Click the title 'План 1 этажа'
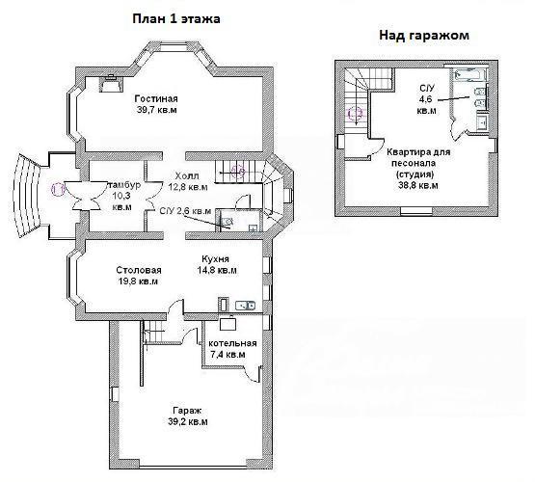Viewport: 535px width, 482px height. click(x=176, y=19)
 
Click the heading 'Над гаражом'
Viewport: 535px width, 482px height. click(x=424, y=35)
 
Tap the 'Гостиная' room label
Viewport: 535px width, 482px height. click(x=156, y=98)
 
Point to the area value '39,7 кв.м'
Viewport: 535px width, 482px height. click(x=156, y=110)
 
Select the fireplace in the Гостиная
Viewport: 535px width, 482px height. click(x=111, y=83)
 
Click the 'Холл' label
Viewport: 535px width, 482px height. click(x=186, y=176)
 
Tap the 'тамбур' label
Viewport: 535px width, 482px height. click(x=123, y=185)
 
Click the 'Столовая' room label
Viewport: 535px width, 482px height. click(x=139, y=270)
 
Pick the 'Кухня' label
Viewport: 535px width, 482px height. click(x=215, y=258)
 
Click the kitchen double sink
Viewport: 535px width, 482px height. click(x=245, y=305)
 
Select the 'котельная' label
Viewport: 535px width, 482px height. click(x=232, y=343)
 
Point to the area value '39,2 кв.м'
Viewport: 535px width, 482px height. click(x=188, y=421)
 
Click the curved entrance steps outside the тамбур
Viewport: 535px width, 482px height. click(x=27, y=196)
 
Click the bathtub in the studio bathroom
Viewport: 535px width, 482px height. click(x=469, y=75)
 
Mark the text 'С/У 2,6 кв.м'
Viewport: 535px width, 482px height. click(x=186, y=211)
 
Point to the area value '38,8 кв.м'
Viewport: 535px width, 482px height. click(x=418, y=185)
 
